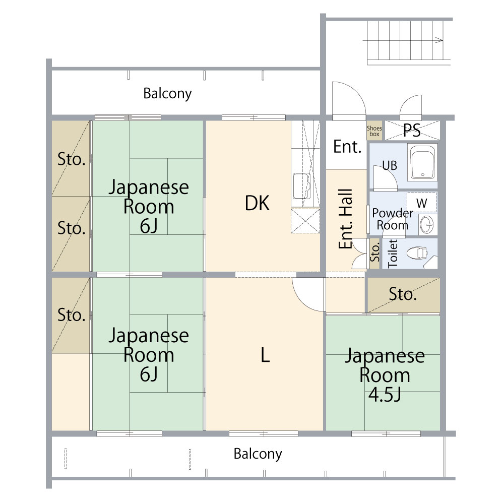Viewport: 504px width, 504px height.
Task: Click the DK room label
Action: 257,203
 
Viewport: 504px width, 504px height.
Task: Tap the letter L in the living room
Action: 265,355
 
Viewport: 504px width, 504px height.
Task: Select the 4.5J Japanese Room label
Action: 385,375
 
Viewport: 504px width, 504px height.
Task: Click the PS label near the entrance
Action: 412,130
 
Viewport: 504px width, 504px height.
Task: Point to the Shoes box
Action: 374,131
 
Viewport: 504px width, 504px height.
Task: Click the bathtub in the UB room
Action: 422,163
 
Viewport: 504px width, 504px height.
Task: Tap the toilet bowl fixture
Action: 417,253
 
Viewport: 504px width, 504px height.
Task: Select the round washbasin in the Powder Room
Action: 427,224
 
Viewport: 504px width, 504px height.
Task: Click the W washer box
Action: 421,203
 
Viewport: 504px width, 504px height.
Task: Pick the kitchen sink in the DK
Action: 302,186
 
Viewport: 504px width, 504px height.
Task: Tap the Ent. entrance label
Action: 347,147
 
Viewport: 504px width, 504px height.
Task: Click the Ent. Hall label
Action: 346,219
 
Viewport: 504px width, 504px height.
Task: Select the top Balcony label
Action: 167,94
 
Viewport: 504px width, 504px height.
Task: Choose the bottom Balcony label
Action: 258,454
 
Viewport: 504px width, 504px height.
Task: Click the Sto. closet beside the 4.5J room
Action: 403,295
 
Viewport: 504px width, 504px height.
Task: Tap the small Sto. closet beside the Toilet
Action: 375,253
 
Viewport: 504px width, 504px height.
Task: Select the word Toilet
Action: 393,254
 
